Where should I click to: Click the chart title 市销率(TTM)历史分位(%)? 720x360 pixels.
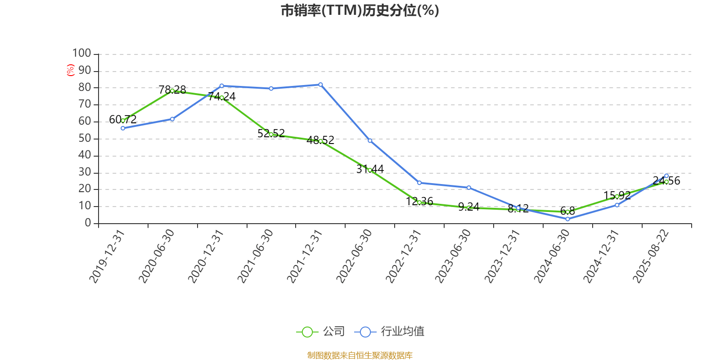[x=360, y=10]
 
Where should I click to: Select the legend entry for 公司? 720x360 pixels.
[x=321, y=332]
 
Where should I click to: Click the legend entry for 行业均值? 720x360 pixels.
[x=390, y=332]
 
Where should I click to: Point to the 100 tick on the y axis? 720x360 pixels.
[x=81, y=54]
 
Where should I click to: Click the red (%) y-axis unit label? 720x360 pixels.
[x=70, y=70]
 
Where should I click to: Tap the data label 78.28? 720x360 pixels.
[x=172, y=90]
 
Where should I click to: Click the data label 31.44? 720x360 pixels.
[x=370, y=169]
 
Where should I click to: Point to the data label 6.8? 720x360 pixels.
[x=567, y=211]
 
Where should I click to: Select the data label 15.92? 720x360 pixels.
[x=617, y=195]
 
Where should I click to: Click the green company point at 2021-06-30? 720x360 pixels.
[x=271, y=134]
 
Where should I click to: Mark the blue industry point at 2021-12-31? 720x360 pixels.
[x=320, y=85]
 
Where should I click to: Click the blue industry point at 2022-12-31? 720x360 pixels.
[x=419, y=183]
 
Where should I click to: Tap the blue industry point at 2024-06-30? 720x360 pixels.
[x=567, y=219]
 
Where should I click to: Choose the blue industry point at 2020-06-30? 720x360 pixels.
[x=172, y=119]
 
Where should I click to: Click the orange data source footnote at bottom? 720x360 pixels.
[x=360, y=355]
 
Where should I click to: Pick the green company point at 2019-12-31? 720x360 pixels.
[x=123, y=121]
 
